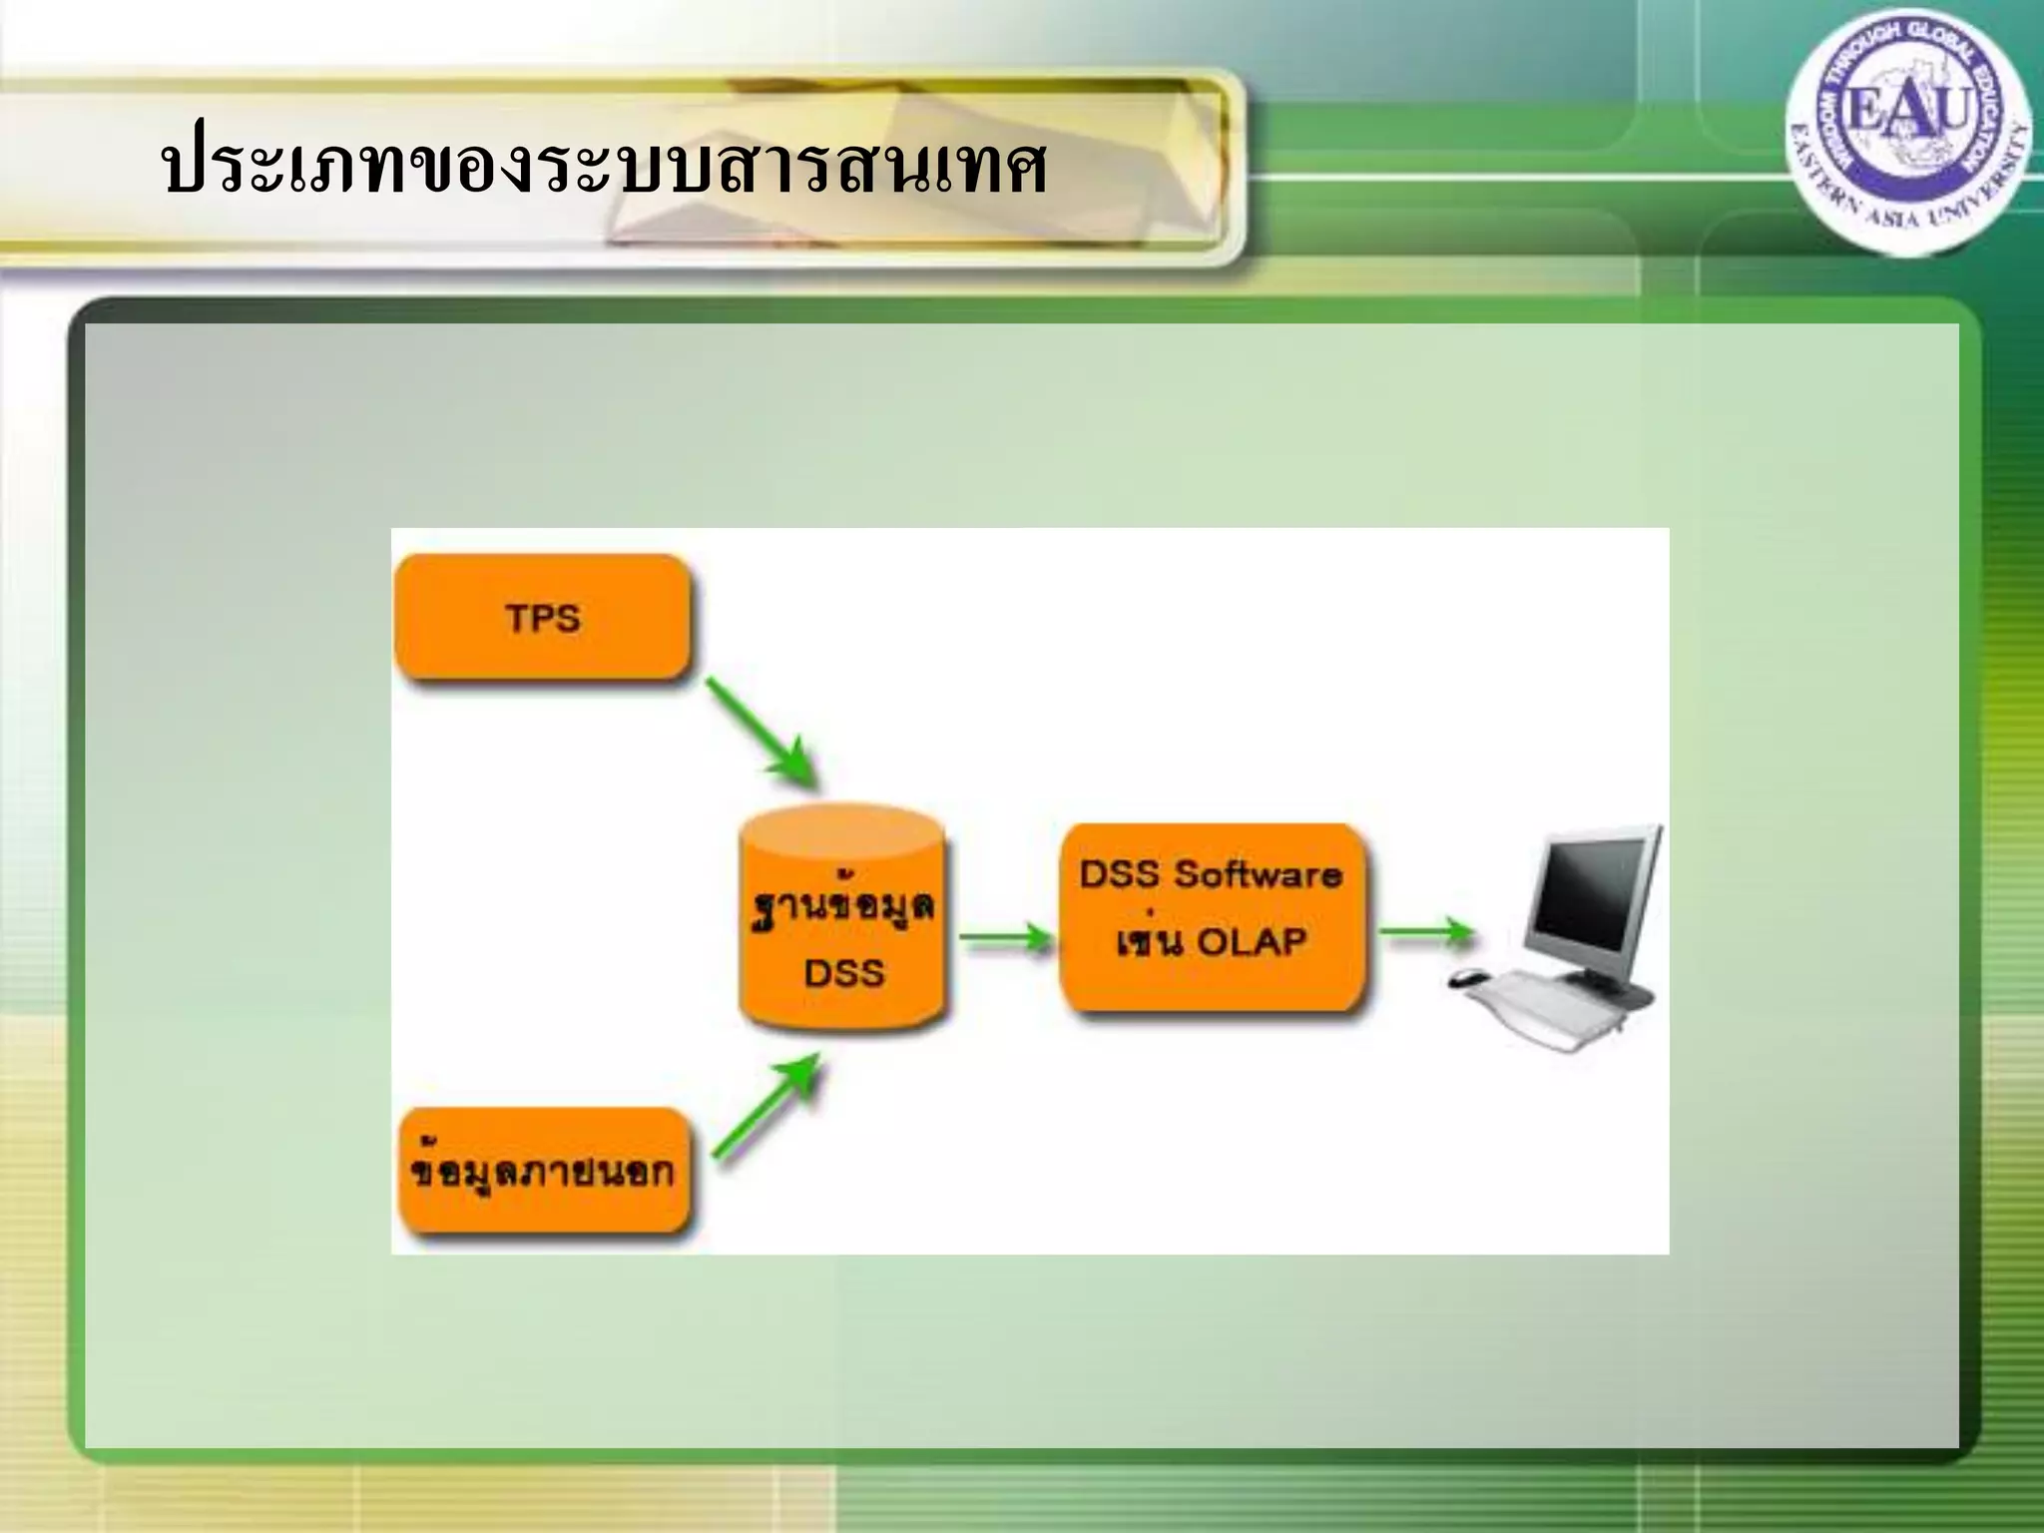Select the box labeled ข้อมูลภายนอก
tap(543, 1172)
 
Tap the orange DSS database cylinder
tap(843, 918)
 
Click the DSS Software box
tap(1211, 915)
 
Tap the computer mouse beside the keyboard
tap(1465, 977)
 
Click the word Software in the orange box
tap(1257, 874)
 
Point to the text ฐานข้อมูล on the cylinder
tap(843, 909)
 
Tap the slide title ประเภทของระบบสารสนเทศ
tap(605, 168)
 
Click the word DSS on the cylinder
tap(844, 972)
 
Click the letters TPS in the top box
tap(543, 618)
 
